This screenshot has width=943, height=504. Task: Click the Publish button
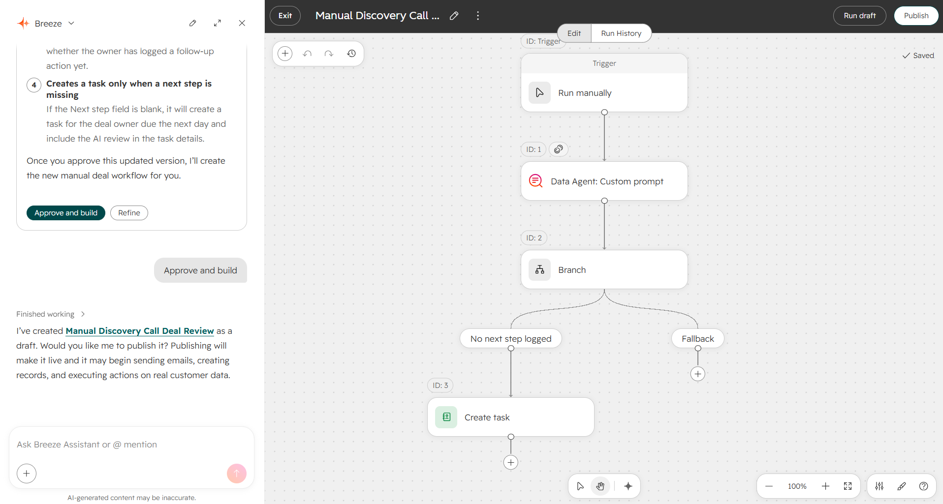(916, 16)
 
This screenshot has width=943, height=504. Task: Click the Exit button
(285, 16)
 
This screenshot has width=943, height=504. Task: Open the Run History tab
(621, 33)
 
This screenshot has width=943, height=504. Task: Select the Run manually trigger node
(604, 92)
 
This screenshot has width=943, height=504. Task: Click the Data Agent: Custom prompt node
(604, 181)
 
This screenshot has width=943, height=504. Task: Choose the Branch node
(604, 269)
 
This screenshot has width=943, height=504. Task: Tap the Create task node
(510, 417)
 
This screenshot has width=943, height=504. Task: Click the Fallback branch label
(697, 338)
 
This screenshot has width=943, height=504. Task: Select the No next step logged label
(510, 338)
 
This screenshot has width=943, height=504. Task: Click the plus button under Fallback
(697, 374)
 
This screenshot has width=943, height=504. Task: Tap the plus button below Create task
(510, 462)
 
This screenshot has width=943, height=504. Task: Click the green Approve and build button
(66, 213)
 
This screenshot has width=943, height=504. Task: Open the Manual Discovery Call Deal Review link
(140, 331)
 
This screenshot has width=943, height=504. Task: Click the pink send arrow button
(236, 474)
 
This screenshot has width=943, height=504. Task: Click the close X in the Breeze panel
(242, 23)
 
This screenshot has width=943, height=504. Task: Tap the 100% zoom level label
(797, 486)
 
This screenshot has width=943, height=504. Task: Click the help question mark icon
(923, 486)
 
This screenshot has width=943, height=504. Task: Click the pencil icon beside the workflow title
(454, 16)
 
